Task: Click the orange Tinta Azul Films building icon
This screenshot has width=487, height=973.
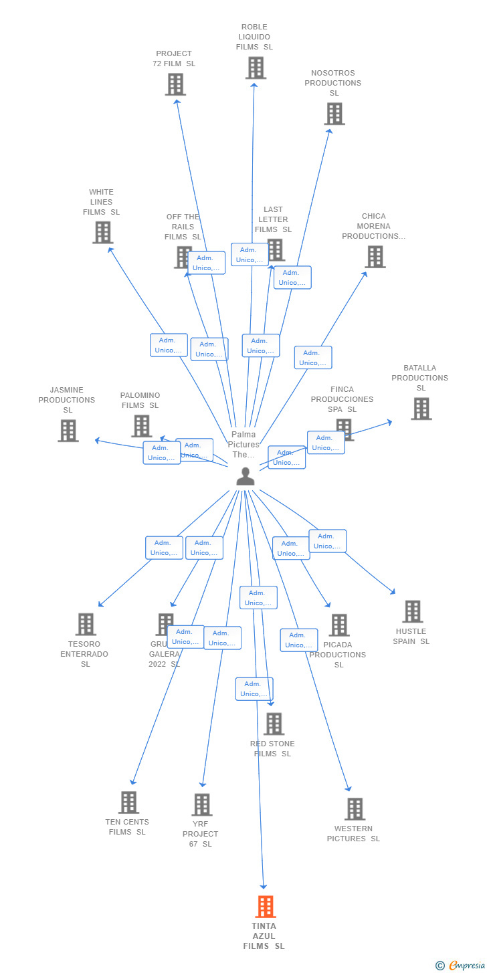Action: (x=266, y=907)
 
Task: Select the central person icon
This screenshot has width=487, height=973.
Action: (x=246, y=476)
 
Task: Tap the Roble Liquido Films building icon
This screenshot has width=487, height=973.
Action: (x=256, y=68)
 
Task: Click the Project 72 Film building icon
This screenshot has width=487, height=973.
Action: (x=175, y=84)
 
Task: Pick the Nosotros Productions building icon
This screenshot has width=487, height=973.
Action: (x=334, y=114)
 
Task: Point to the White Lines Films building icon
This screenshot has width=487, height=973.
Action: (x=102, y=232)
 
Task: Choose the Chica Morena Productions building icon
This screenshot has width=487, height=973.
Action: (x=375, y=256)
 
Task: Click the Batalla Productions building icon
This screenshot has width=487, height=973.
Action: (x=421, y=409)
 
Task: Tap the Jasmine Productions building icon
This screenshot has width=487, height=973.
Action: (x=68, y=431)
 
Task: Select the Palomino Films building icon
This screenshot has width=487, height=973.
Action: (x=141, y=426)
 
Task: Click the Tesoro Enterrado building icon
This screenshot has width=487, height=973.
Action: (x=86, y=624)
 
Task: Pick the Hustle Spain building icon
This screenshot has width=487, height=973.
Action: (x=412, y=611)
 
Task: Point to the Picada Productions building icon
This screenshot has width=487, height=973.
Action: (x=339, y=625)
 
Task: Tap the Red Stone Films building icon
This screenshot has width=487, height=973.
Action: (x=274, y=724)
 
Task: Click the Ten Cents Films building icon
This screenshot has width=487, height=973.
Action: (x=128, y=802)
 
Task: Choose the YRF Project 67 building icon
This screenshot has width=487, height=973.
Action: (x=201, y=804)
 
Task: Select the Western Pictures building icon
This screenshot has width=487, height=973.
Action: (x=355, y=808)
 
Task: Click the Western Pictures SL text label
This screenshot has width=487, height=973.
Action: (x=353, y=834)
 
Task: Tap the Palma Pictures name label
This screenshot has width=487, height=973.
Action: (x=243, y=445)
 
